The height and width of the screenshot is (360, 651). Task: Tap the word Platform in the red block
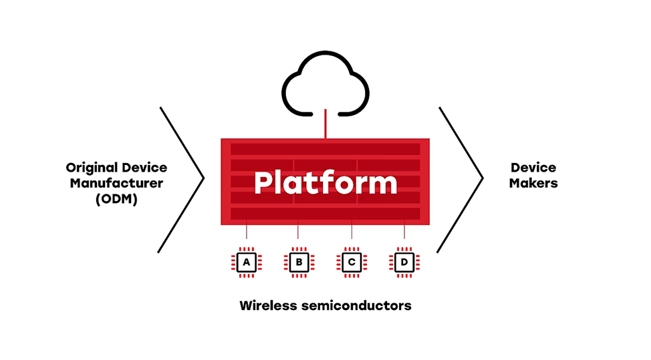click(325, 182)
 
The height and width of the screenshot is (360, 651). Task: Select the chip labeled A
click(247, 262)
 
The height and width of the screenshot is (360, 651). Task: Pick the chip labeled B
click(298, 262)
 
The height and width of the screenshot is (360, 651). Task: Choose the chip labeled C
click(352, 262)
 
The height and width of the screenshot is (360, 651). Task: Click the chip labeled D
click(404, 262)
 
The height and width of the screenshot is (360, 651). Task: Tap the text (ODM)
click(116, 198)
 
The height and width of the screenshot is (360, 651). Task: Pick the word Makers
click(533, 182)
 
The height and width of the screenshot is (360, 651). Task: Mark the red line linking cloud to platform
click(325, 125)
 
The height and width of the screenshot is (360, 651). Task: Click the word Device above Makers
click(533, 167)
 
